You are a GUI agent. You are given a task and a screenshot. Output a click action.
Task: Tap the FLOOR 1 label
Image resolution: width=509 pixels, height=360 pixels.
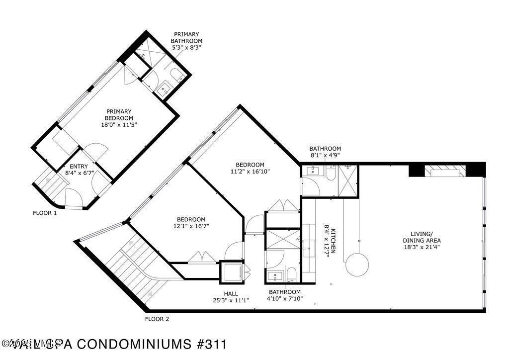(x=45, y=213)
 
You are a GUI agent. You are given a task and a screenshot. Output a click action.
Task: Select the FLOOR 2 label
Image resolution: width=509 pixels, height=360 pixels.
(x=157, y=319)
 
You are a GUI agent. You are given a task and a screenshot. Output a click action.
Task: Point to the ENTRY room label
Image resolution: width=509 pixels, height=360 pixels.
(x=79, y=167)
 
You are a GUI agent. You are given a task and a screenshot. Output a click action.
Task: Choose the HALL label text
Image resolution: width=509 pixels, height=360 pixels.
(x=231, y=293)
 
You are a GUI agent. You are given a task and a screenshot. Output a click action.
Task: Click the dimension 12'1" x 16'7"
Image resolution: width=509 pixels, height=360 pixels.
(x=191, y=226)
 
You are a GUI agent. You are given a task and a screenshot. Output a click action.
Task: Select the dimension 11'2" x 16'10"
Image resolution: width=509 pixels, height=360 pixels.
(x=250, y=172)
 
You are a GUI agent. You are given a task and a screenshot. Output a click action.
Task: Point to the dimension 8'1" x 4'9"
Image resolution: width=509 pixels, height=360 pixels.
(x=325, y=155)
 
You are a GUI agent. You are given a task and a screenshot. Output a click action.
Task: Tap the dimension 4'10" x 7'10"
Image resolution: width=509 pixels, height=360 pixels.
(x=285, y=299)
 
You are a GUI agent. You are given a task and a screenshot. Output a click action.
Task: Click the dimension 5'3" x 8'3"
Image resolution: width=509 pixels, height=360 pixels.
(x=186, y=47)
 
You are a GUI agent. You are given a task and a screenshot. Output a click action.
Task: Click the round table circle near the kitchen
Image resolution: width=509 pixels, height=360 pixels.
(x=358, y=265)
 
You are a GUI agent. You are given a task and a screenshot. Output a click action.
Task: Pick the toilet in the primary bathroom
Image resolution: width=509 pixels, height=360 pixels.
(x=176, y=75)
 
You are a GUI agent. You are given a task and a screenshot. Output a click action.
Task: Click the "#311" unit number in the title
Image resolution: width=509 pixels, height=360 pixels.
(x=211, y=344)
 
